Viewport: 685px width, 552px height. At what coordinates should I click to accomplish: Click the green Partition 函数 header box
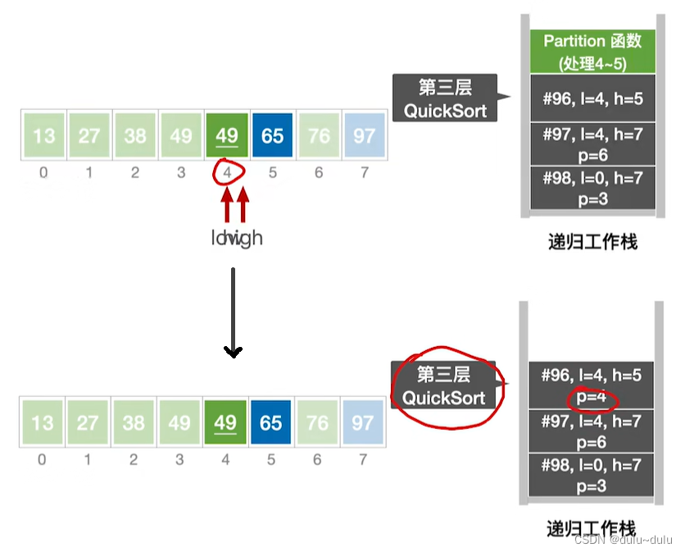[x=593, y=51]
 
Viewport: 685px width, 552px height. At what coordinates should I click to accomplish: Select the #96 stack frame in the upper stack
[x=593, y=99]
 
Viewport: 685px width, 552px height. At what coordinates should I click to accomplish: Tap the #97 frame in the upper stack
[x=593, y=144]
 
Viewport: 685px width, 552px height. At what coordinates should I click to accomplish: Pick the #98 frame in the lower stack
[x=592, y=475]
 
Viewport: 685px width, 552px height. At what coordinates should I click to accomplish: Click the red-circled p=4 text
[x=591, y=399]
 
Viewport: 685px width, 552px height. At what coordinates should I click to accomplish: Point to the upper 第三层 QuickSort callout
[x=445, y=98]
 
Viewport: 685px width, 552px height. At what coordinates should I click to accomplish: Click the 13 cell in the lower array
[x=42, y=423]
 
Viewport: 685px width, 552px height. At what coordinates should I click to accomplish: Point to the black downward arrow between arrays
[x=234, y=312]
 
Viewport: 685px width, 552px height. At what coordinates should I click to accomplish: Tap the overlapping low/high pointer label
[x=236, y=238]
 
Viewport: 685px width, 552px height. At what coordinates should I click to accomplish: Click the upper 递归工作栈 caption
[x=592, y=242]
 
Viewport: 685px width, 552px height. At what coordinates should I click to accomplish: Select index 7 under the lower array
[x=362, y=459]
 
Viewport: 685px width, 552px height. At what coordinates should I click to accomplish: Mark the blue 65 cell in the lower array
[x=270, y=423]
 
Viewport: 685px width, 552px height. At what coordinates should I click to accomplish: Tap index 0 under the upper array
[x=43, y=172]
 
